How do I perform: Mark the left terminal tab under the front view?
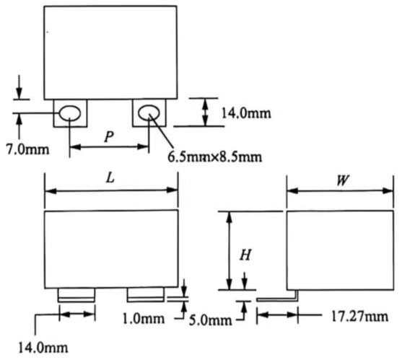76,294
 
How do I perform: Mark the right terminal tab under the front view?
146,294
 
